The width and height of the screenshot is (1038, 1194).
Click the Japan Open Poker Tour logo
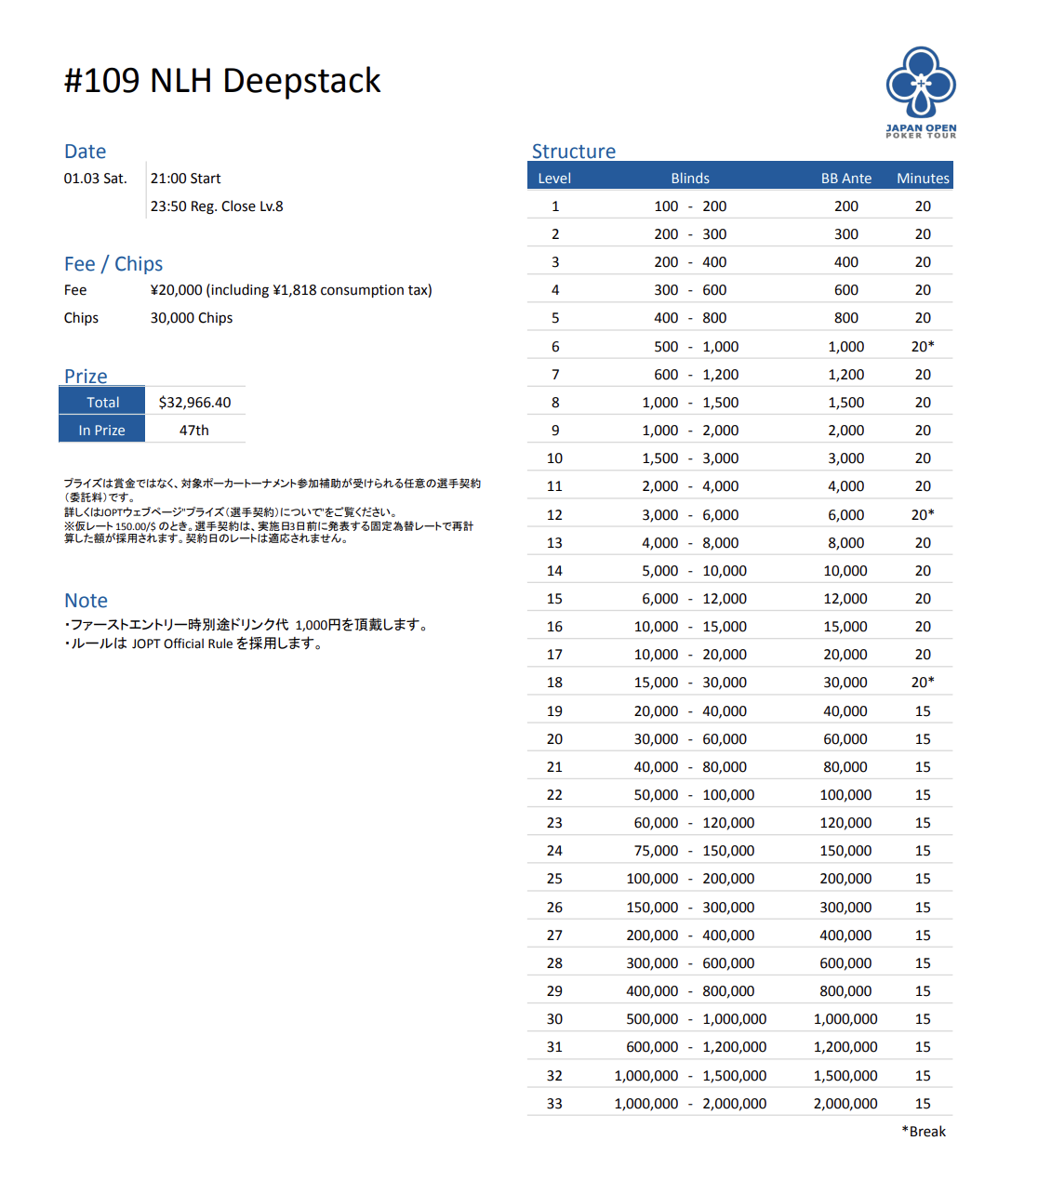click(921, 92)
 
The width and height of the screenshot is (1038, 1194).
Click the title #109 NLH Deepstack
click(222, 81)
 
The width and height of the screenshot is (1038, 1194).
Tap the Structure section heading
click(573, 152)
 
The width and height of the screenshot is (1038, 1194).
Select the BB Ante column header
click(845, 178)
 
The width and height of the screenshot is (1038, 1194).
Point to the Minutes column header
click(923, 178)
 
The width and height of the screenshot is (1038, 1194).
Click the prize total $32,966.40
click(194, 402)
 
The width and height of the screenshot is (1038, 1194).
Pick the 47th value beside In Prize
click(194, 430)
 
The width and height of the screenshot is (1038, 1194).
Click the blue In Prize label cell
click(102, 430)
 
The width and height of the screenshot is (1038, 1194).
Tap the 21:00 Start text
click(186, 178)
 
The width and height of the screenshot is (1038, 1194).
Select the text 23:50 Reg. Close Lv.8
click(217, 206)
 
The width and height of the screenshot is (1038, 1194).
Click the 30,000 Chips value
click(192, 317)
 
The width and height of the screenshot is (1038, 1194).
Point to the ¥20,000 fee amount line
click(291, 289)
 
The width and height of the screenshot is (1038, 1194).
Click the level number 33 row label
click(554, 1103)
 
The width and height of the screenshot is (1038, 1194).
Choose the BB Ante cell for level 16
click(845, 626)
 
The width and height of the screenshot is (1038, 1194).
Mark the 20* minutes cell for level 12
click(923, 514)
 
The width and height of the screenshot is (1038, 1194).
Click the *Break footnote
click(924, 1131)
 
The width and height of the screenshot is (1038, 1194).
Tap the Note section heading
click(86, 601)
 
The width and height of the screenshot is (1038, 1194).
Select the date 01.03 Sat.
click(95, 178)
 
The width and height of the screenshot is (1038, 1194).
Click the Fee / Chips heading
click(113, 264)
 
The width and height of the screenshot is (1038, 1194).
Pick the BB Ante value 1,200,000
click(845, 1046)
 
